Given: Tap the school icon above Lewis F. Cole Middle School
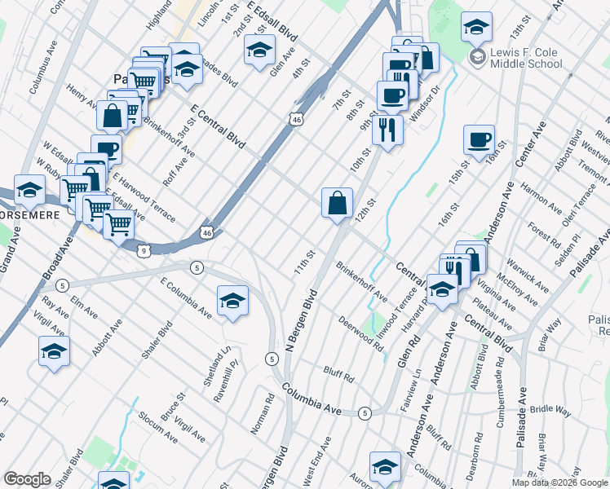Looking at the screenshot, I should [476, 27].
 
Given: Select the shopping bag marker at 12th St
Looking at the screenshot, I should [337, 202].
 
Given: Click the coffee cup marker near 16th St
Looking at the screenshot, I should [479, 139].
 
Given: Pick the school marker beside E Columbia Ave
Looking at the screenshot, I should [232, 301].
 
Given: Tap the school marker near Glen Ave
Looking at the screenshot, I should [259, 51].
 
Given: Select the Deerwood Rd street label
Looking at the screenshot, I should [362, 334].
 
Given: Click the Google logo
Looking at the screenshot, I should [27, 480].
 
